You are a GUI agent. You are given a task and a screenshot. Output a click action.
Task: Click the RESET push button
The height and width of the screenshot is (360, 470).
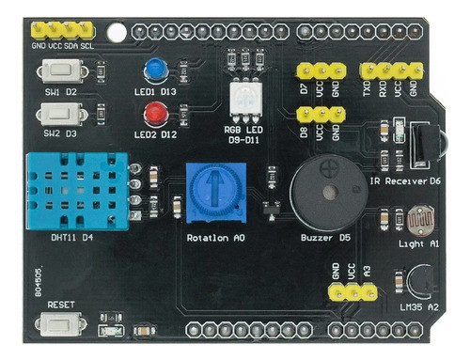tap(61, 323)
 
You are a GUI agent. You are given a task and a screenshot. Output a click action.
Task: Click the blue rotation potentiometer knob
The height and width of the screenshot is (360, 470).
tap(210, 188)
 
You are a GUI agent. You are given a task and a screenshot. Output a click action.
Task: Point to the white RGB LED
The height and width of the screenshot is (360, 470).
tap(244, 98)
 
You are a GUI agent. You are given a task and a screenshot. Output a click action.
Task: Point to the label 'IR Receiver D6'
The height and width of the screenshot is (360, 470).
tap(406, 180)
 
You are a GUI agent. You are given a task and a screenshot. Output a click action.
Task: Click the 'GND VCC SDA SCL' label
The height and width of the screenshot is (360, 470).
tap(63, 45)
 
